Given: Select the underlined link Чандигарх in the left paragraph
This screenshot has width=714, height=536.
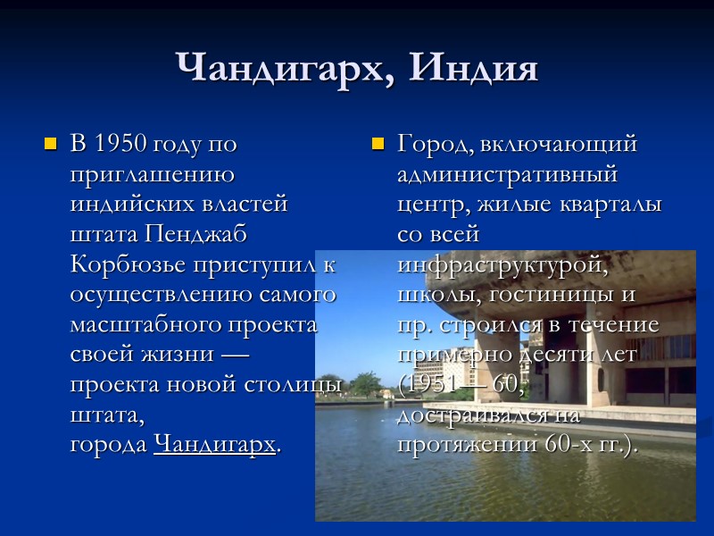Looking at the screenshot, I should [214, 443].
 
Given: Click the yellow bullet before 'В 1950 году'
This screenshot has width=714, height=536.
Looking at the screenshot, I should [50, 143].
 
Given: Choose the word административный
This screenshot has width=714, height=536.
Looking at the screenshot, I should [507, 173].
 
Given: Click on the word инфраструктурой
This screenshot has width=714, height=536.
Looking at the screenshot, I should [503, 264].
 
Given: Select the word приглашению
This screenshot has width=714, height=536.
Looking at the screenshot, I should [152, 173].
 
